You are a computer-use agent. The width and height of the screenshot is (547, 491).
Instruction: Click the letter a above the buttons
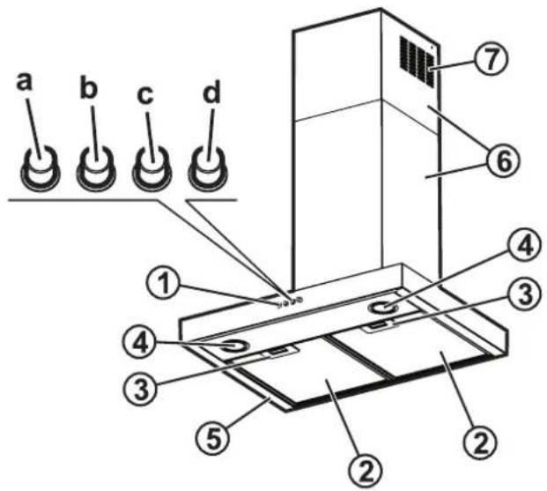click(x=25, y=83)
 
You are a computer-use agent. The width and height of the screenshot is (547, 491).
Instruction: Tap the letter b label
click(x=88, y=89)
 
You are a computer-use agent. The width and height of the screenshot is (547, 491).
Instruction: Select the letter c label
click(x=145, y=95)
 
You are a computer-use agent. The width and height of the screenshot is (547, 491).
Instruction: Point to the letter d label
click(x=211, y=92)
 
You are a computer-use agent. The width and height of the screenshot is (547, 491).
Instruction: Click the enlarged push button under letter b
click(x=96, y=167)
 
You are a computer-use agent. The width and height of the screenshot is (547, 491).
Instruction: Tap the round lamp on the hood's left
click(x=233, y=346)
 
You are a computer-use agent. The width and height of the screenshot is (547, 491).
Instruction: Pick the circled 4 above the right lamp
click(x=526, y=247)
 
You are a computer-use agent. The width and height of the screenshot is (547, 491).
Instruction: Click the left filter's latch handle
click(x=284, y=352)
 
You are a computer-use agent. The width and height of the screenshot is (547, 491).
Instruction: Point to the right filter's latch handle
click(x=381, y=326)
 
